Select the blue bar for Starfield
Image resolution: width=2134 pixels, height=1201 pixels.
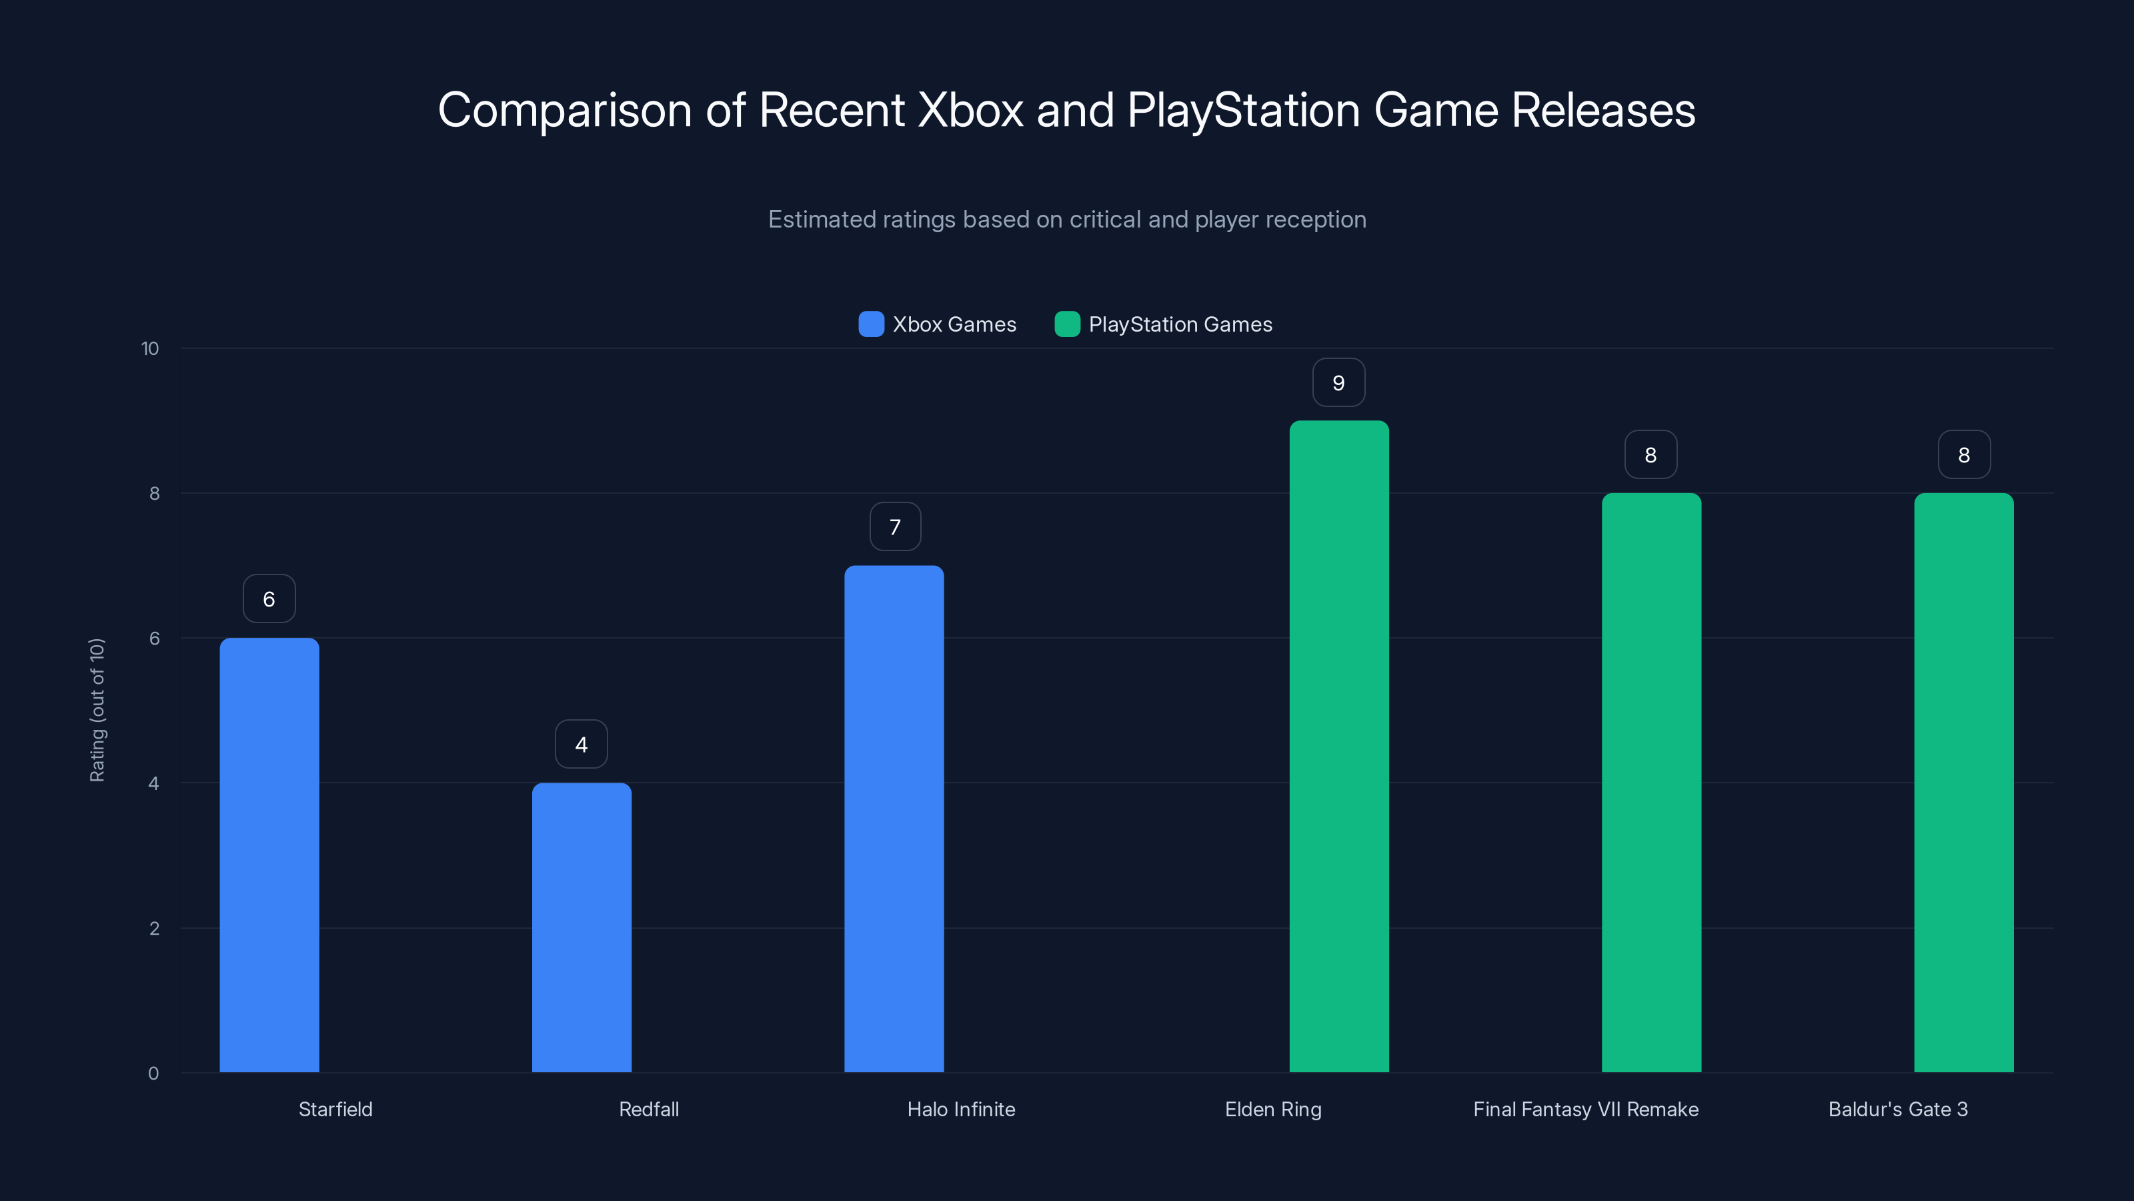[x=269, y=855]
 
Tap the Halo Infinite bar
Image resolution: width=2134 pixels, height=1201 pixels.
[x=894, y=818]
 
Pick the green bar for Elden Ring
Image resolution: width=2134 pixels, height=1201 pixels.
[x=1338, y=746]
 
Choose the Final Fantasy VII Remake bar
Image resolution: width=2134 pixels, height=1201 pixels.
[x=1651, y=783]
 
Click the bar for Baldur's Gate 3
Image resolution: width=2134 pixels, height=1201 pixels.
[x=1963, y=783]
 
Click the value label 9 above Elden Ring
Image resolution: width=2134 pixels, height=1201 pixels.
[x=1338, y=383]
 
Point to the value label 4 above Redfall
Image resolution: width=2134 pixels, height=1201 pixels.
[x=582, y=745]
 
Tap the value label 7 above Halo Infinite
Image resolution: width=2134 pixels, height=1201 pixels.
[x=895, y=527]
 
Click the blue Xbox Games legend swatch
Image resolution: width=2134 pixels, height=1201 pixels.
[x=872, y=324]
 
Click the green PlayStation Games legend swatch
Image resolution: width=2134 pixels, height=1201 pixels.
[x=1067, y=324]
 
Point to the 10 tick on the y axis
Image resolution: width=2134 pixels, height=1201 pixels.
[x=150, y=348]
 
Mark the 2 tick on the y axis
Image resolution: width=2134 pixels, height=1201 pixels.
[x=154, y=928]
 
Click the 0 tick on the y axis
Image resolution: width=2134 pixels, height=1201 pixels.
[x=153, y=1074]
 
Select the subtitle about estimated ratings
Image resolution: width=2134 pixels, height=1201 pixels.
[x=1067, y=220]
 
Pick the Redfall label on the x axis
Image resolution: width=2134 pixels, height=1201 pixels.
[x=649, y=1109]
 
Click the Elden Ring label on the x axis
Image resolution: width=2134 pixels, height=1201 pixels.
[x=1273, y=1109]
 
